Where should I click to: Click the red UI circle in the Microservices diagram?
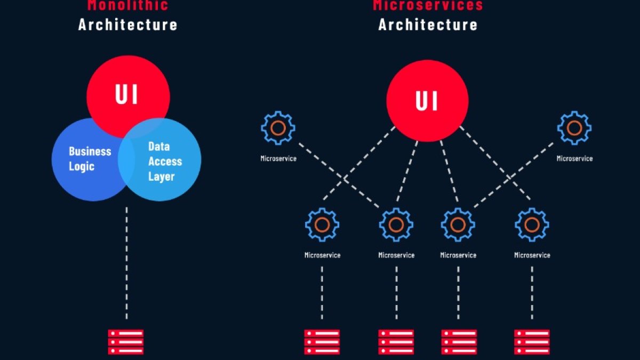[427, 100]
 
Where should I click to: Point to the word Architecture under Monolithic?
[127, 24]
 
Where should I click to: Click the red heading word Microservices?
[427, 6]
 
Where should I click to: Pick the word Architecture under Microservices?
[428, 24]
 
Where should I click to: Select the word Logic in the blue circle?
[82, 166]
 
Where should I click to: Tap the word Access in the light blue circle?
[165, 161]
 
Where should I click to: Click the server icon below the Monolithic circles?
[126, 342]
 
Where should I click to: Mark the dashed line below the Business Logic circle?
[126, 261]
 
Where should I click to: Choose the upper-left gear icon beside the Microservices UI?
[278, 128]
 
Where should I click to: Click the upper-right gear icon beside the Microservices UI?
[574, 128]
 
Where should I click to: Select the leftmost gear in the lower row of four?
[322, 225]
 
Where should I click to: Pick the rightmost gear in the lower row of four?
[532, 225]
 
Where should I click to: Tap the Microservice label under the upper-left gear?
[278, 158]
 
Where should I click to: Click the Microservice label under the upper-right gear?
[574, 158]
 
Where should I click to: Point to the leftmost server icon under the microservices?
[322, 342]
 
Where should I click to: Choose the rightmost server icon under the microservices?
[532, 342]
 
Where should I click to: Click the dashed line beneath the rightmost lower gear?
[532, 293]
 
